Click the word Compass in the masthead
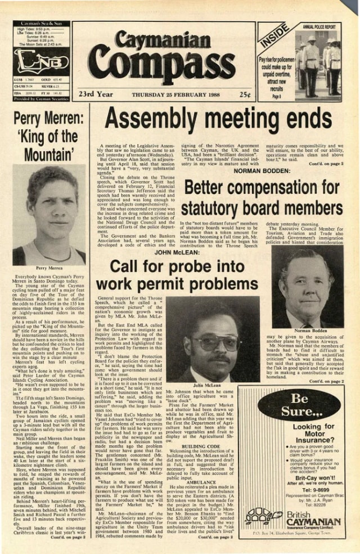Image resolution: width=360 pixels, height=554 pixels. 161,66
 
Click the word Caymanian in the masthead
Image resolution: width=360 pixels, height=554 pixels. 163,41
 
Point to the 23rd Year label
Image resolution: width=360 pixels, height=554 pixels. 96,94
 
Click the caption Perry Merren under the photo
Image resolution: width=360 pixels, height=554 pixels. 48,269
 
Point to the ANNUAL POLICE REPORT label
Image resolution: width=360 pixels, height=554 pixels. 319,26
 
